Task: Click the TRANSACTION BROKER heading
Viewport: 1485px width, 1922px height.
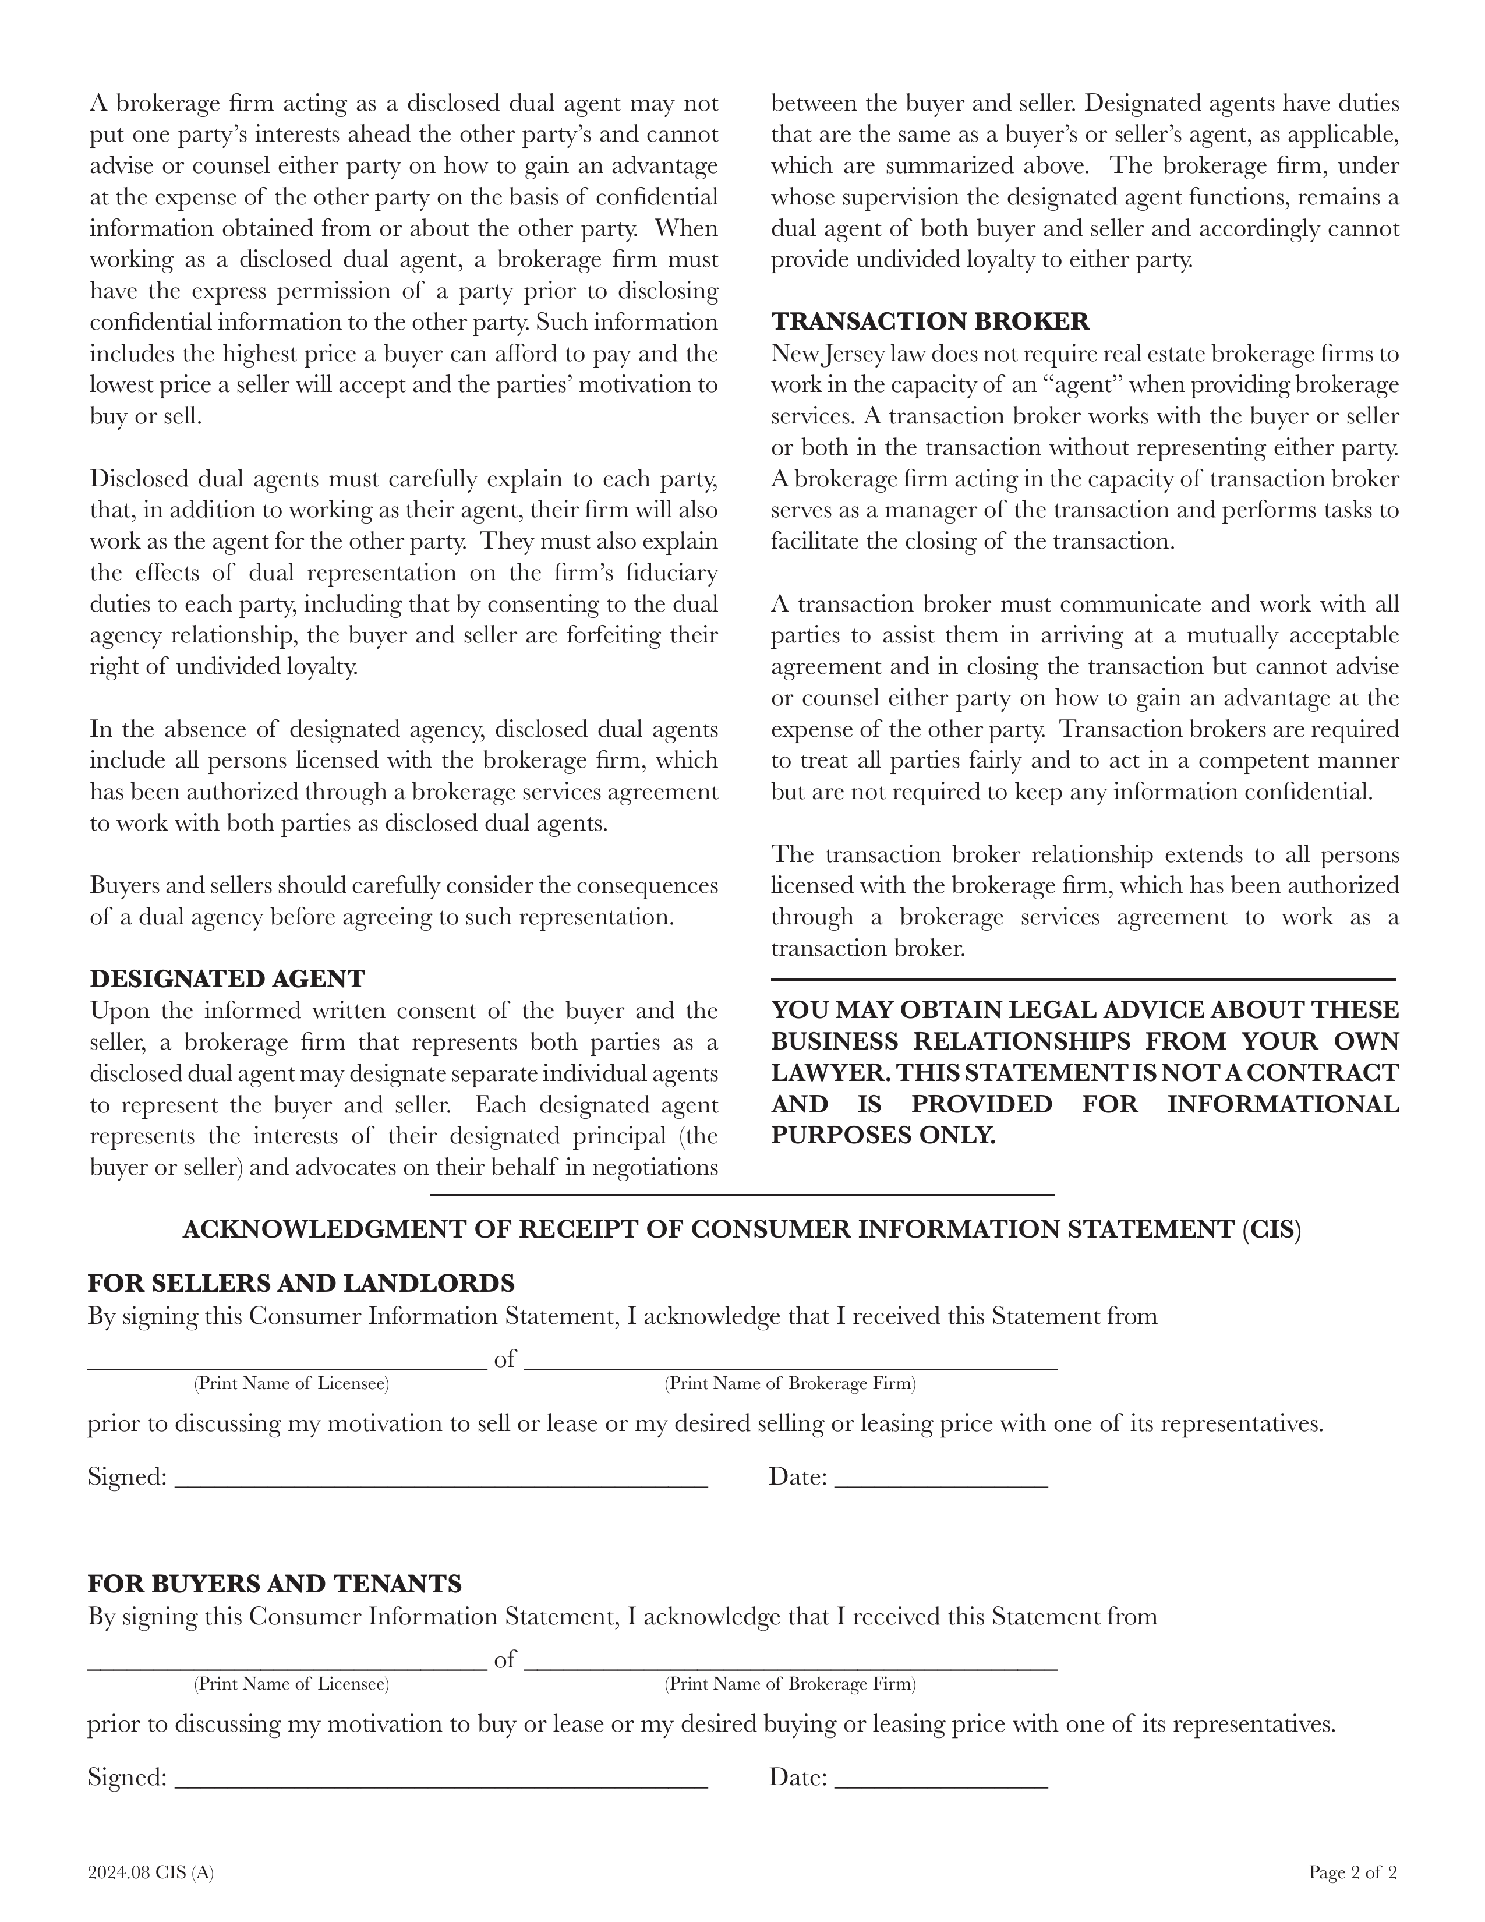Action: click(930, 321)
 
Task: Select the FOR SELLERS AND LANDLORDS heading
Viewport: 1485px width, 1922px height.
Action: click(301, 1283)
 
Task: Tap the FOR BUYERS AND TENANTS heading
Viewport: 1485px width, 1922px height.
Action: click(274, 1584)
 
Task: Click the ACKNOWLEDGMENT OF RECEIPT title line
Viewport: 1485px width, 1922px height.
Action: click(741, 1229)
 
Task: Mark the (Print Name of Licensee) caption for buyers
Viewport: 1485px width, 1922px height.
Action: click(291, 1684)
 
